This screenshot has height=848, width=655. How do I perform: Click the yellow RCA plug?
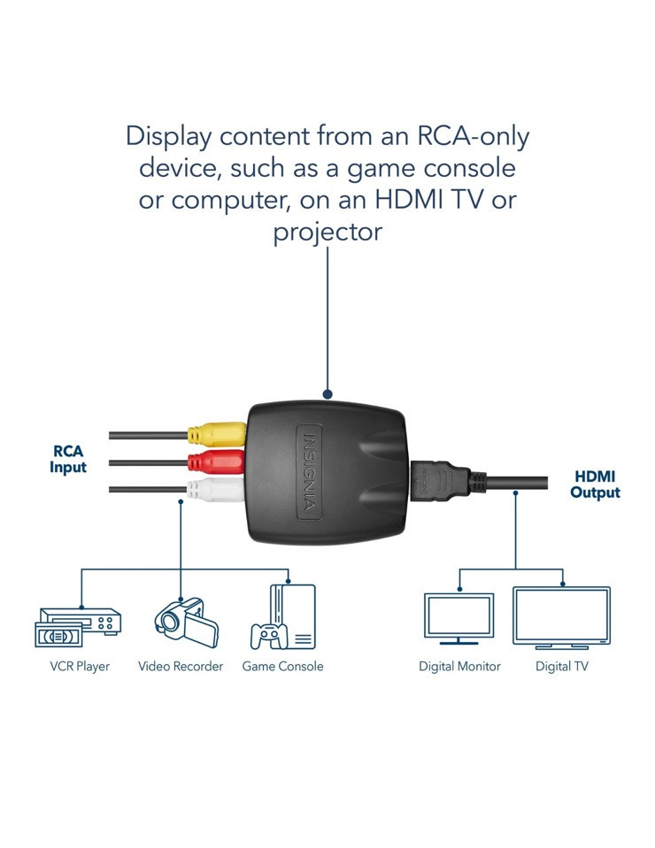coord(217,434)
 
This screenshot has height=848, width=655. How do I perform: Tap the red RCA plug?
coord(217,462)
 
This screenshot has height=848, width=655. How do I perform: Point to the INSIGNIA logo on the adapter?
coord(309,472)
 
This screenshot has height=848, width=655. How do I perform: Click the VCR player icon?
coord(78,627)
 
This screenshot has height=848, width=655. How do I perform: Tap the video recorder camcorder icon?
coord(186,622)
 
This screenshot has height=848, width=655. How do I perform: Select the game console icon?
coord(282,616)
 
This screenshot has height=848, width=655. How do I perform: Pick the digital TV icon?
coord(561,617)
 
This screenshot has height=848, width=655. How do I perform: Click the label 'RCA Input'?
coord(68,459)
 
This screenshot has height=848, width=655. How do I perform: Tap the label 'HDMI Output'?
coord(595,485)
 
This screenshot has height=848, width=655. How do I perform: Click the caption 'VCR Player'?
coord(80,667)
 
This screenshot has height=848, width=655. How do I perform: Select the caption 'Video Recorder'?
coord(181,667)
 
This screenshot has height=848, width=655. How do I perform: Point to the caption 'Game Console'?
coord(282,667)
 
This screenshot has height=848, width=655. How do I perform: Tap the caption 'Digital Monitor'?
coord(459,667)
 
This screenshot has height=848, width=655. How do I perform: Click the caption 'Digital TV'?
coord(561,667)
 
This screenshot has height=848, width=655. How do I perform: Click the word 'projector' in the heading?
coord(327,233)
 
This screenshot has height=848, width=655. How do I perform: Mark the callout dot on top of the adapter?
coord(327,394)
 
